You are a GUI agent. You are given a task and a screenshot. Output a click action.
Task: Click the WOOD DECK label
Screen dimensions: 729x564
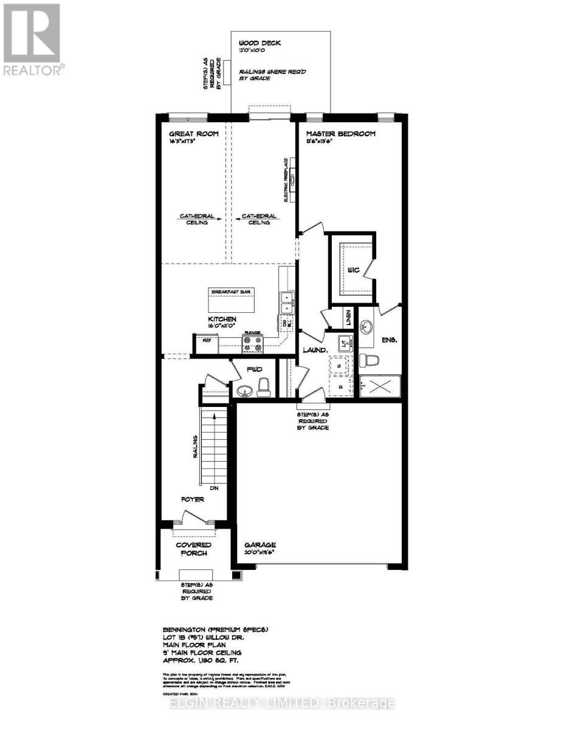[260, 43]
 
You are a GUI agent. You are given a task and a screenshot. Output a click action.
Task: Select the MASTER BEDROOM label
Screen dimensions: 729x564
[340, 134]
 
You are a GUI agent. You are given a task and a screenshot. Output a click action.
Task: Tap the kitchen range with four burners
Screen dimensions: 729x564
[252, 344]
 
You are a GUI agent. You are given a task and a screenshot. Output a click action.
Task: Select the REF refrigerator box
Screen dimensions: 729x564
[206, 341]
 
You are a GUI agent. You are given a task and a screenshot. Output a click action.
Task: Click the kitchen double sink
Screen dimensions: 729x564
[287, 303]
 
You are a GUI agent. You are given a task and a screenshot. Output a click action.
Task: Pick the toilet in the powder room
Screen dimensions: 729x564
[263, 387]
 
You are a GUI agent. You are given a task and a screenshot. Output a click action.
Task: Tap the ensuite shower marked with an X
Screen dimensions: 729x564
[379, 386]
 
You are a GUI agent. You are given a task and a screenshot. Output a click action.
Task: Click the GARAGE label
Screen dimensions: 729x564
[261, 545]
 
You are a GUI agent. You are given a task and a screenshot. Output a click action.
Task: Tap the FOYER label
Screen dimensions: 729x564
[191, 499]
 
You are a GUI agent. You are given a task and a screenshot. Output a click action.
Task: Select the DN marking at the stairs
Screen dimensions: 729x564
[214, 488]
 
